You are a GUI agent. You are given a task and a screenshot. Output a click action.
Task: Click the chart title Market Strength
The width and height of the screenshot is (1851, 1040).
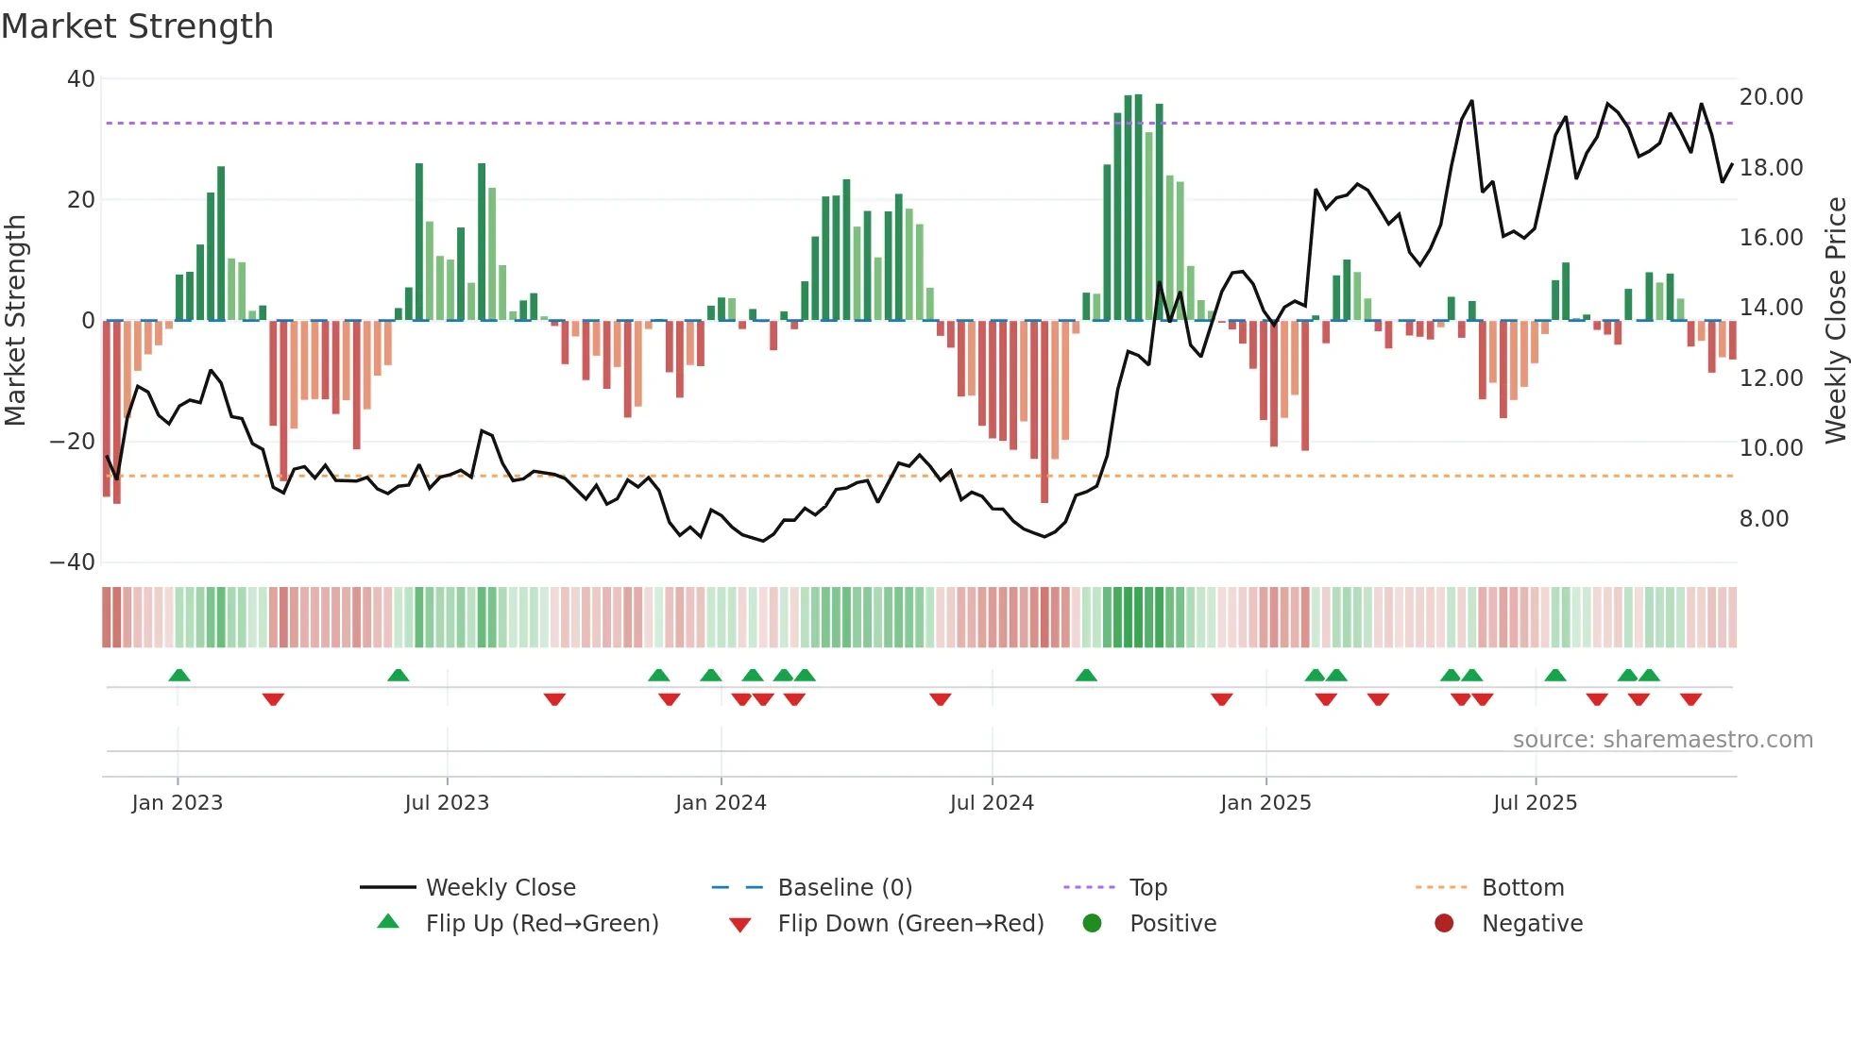[137, 26]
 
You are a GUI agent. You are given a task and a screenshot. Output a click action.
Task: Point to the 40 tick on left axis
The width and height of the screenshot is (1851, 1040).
[81, 79]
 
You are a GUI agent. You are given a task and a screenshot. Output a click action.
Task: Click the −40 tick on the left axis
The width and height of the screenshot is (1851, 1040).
[73, 562]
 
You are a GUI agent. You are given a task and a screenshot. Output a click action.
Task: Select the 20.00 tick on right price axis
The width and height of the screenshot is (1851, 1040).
[1771, 97]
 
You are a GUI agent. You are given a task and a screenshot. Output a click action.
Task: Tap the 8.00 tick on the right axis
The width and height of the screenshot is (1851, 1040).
[1763, 519]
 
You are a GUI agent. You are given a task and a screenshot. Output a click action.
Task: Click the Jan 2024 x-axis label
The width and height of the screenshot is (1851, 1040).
[721, 803]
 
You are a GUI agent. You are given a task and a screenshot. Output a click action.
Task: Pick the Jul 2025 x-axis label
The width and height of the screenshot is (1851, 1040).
[1535, 803]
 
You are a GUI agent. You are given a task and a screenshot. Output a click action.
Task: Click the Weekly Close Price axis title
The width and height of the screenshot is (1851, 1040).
[1835, 320]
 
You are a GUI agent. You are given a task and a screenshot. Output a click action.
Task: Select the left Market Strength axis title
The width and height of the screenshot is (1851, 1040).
[16, 320]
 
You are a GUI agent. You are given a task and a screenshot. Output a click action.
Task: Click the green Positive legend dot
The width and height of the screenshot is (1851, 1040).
[1092, 924]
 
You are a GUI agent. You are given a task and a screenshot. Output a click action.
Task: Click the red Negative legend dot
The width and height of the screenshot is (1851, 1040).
[1444, 924]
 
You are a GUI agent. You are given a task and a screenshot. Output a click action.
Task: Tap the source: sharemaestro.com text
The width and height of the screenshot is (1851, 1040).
[1662, 740]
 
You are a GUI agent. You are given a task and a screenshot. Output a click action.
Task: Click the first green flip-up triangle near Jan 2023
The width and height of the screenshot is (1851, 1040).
[179, 675]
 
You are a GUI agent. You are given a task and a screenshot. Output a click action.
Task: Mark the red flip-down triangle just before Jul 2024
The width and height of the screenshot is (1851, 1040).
[940, 699]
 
